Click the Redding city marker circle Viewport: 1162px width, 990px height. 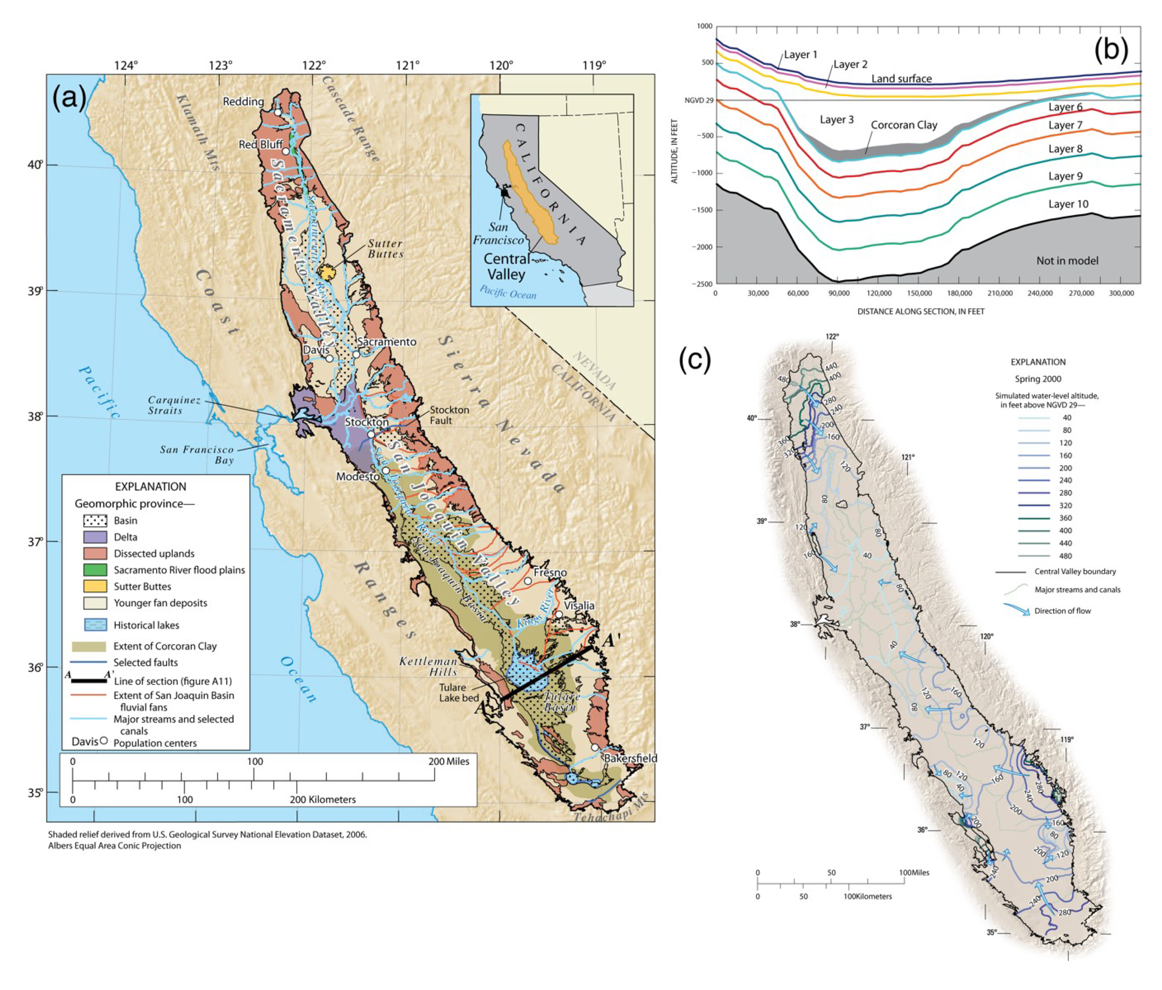click(x=278, y=112)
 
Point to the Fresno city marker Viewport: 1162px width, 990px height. click(x=528, y=581)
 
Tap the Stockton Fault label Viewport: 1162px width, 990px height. click(x=449, y=415)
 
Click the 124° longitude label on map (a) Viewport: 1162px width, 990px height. click(x=126, y=66)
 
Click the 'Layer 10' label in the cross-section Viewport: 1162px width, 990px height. click(x=1068, y=204)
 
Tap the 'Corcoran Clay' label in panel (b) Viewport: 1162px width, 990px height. click(x=904, y=125)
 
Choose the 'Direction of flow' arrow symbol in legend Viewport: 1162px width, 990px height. click(x=1016, y=610)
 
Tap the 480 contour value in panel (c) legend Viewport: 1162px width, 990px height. click(x=1066, y=556)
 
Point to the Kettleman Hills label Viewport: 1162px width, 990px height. click(x=428, y=666)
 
